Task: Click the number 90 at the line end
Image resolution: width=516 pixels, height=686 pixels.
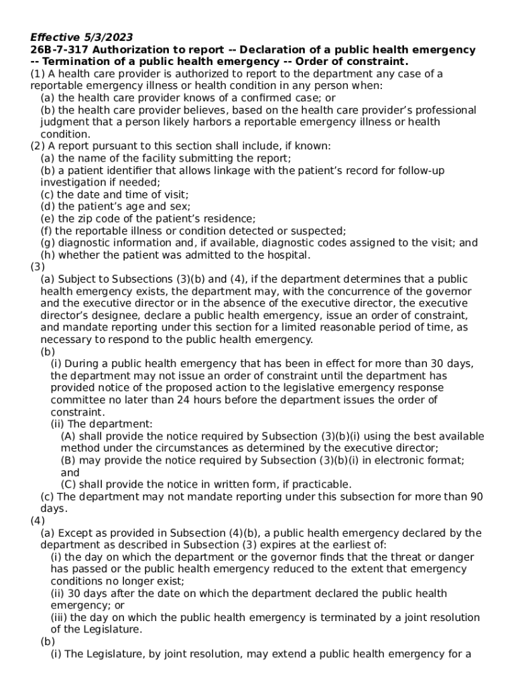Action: (476, 496)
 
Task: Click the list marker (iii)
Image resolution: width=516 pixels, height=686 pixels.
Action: (59, 617)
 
